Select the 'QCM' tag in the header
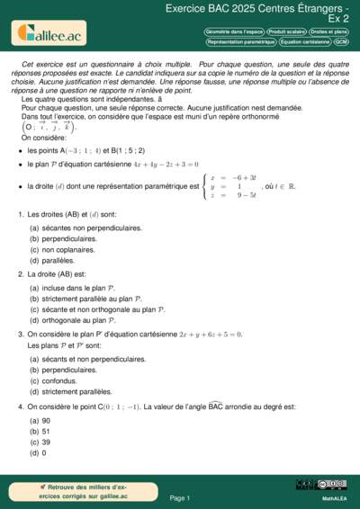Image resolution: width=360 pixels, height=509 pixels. tap(342, 42)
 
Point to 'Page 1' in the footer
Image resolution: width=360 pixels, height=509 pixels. tap(179, 497)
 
